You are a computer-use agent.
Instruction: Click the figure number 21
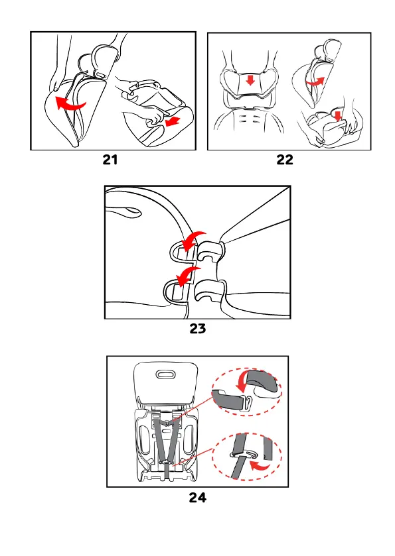tap(110, 160)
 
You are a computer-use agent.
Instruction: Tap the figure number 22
tap(285, 160)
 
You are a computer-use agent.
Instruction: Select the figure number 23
tap(198, 328)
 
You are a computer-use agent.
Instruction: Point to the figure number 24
tap(198, 498)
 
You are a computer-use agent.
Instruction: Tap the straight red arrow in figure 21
tap(173, 121)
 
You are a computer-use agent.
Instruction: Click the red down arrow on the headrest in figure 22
tap(250, 80)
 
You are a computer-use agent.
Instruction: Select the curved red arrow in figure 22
tap(315, 82)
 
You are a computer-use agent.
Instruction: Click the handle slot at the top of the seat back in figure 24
tap(165, 374)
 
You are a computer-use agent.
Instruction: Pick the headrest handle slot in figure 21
tap(101, 76)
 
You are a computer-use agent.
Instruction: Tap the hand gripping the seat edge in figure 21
tap(56, 82)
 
